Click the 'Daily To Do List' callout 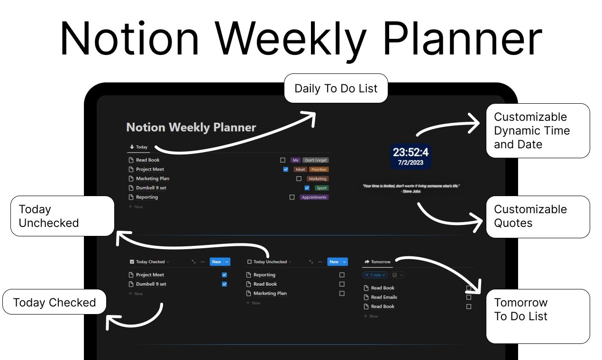tap(336, 89)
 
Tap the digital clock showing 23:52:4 tap(410, 152)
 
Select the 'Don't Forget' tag tap(316, 160)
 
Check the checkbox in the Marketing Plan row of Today tap(299, 179)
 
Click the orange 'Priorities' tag tap(319, 170)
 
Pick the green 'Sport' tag tap(321, 188)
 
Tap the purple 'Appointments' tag tap(314, 197)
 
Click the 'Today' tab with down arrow tap(138, 147)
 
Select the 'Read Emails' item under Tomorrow tap(384, 297)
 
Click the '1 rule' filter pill tap(375, 275)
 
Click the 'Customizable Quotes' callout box tap(538, 216)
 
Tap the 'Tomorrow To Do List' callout tap(538, 315)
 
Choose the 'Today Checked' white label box tap(54, 302)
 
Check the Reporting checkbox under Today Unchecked tap(342, 275)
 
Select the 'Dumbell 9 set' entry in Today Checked tap(151, 284)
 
